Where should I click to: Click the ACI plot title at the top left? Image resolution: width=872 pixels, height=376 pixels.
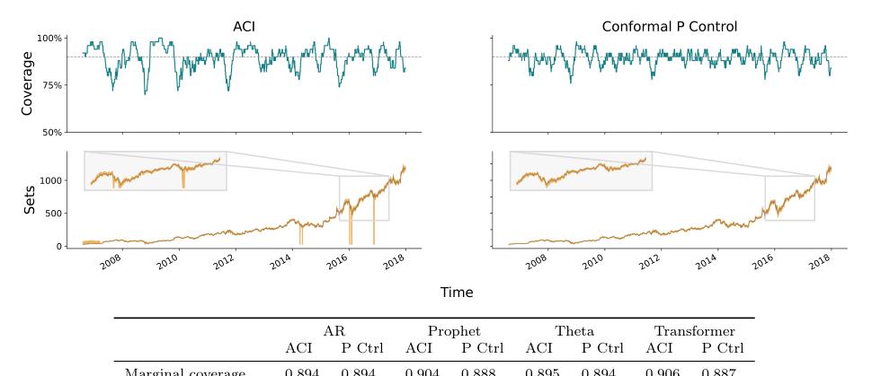point(243,26)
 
